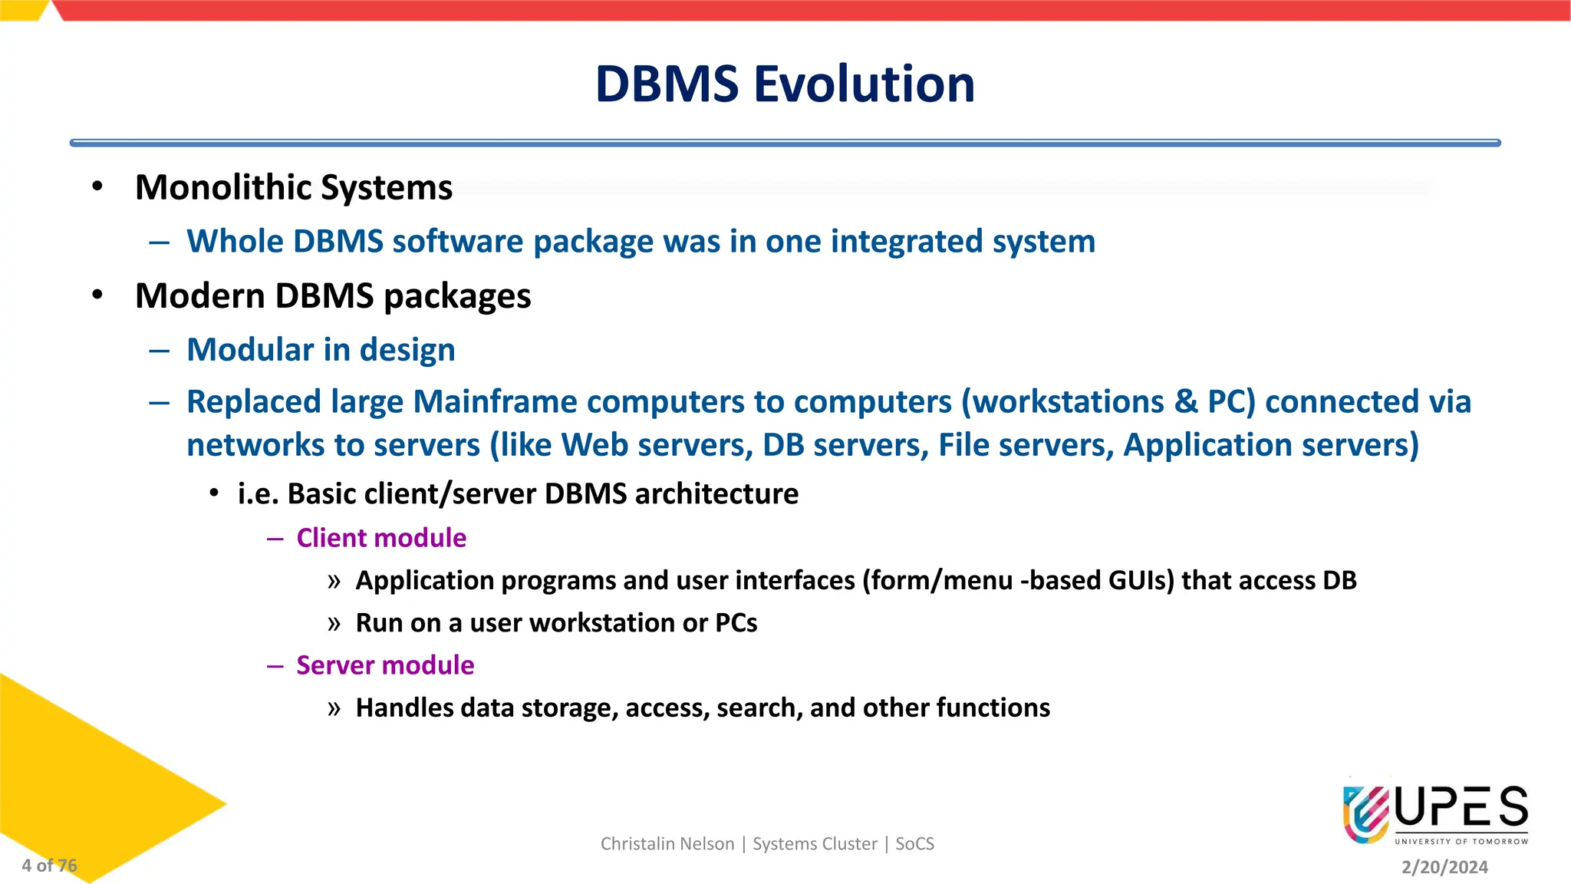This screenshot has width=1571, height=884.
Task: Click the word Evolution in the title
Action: [x=865, y=84]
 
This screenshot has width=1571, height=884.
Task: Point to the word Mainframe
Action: [x=495, y=402]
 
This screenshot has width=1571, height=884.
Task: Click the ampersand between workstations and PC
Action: [x=1186, y=402]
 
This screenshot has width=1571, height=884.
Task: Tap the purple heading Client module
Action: [x=381, y=538]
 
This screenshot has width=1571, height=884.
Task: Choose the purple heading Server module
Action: [x=385, y=665]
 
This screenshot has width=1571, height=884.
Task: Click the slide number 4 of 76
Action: [x=49, y=866]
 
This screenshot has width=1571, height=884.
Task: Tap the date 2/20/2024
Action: [x=1444, y=867]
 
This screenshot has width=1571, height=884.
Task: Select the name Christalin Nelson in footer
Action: [x=667, y=844]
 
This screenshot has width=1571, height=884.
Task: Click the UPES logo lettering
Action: [x=1461, y=808]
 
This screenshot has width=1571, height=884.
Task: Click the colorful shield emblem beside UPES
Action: [x=1366, y=813]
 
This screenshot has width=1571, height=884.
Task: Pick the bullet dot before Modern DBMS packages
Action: [x=97, y=295]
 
